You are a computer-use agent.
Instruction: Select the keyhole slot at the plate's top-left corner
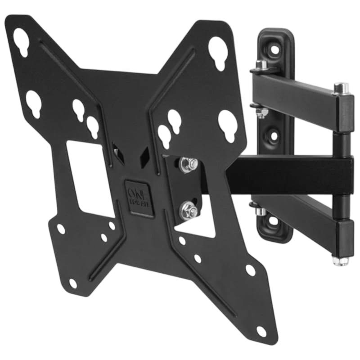click(x=21, y=39)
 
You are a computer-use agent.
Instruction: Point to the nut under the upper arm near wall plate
click(x=258, y=111)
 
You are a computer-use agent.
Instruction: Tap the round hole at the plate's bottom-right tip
click(x=261, y=332)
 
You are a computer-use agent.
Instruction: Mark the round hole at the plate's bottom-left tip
click(x=72, y=283)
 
